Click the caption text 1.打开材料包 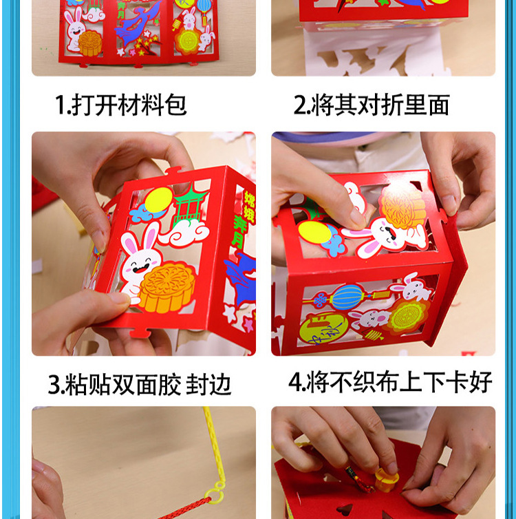pyautogui.click(x=120, y=105)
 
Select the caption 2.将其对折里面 pyautogui.click(x=372, y=105)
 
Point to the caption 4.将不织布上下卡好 pyautogui.click(x=390, y=383)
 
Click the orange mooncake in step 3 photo pyautogui.click(x=166, y=287)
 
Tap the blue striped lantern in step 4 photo pyautogui.click(x=350, y=296)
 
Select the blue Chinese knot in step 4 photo pyautogui.click(x=321, y=301)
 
